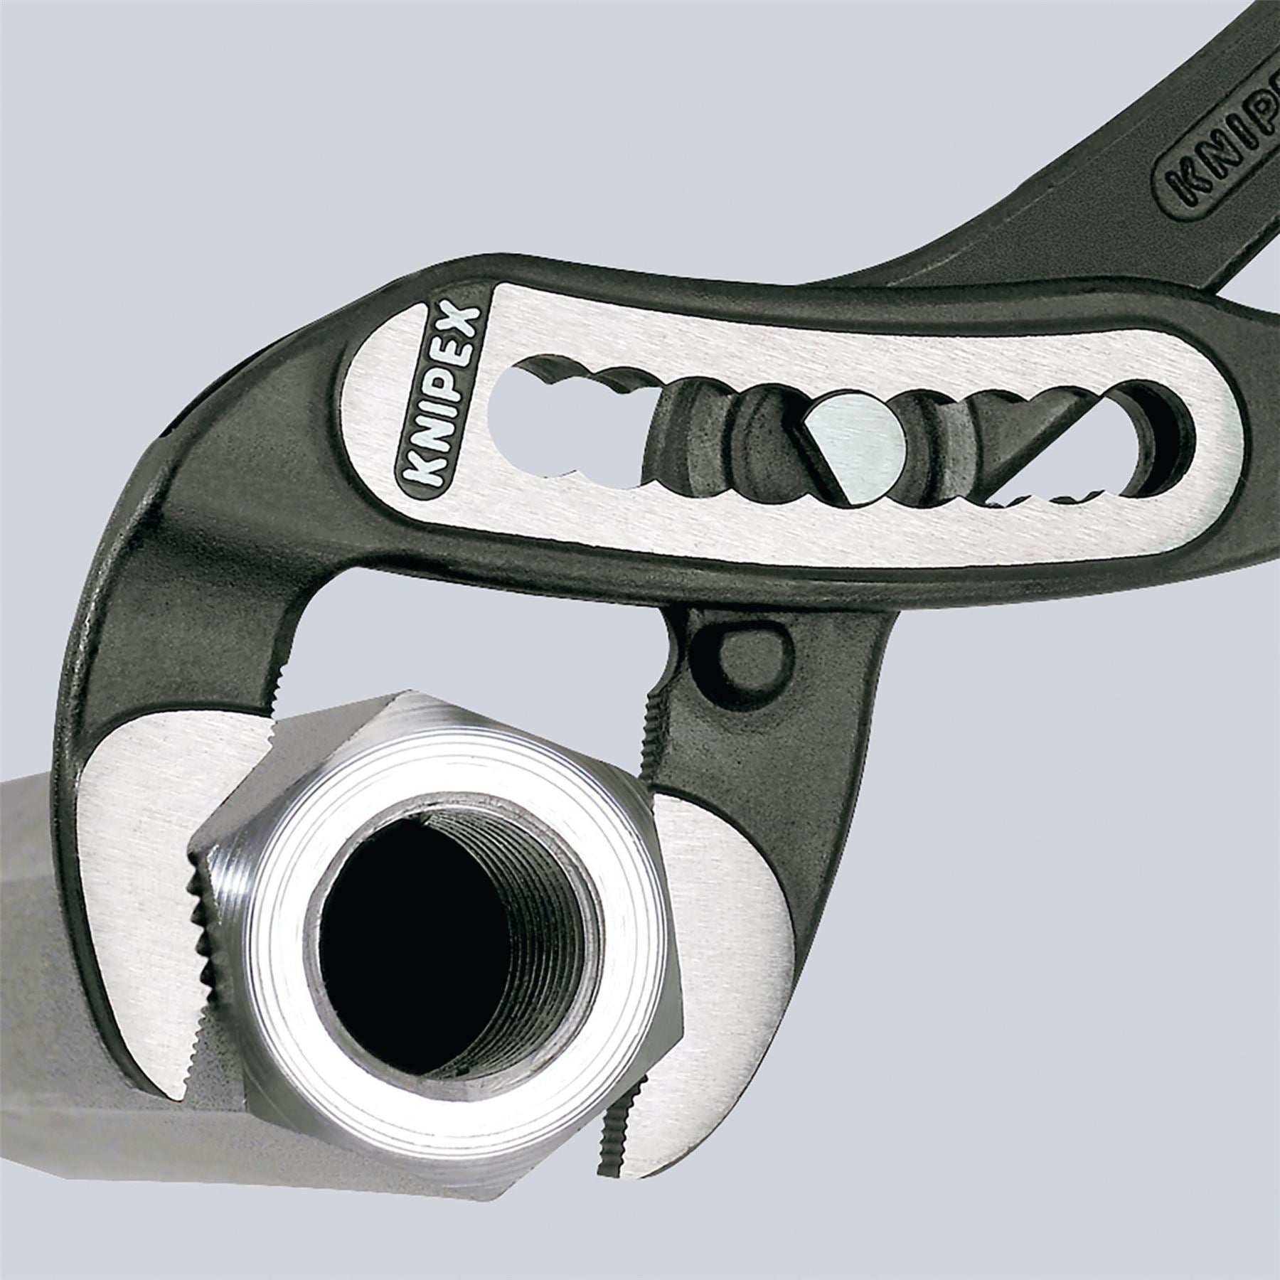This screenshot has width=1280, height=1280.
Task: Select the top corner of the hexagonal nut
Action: click(398, 740)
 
